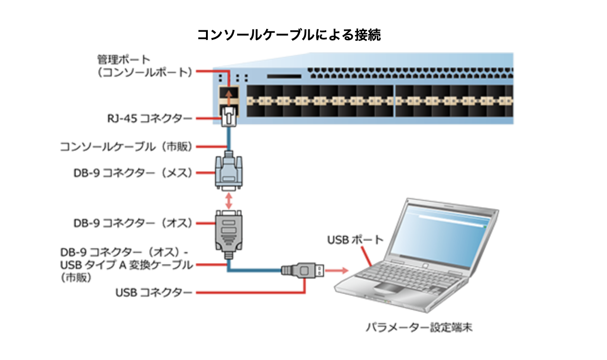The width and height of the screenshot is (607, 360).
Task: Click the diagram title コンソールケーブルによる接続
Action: tap(289, 35)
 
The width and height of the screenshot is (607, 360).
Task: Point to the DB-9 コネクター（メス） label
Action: tap(133, 173)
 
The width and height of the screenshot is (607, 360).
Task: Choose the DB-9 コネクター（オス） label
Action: tap(133, 223)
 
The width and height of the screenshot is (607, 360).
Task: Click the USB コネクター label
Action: tap(154, 293)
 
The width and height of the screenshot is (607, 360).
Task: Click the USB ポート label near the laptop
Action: tap(355, 240)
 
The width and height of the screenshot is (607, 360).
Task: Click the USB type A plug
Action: tap(303, 270)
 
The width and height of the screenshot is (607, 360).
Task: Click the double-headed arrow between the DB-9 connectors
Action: tap(229, 200)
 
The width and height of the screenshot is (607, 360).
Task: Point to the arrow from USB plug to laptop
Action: tap(337, 270)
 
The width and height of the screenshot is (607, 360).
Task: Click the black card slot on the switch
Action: tap(284, 76)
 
